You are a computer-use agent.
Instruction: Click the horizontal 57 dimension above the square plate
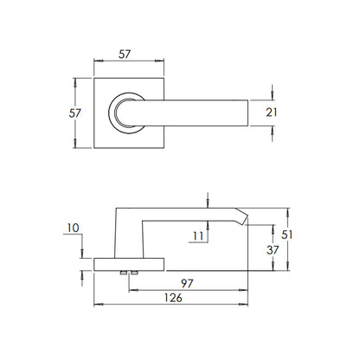click(x=125, y=55)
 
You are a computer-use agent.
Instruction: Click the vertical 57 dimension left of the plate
click(x=75, y=113)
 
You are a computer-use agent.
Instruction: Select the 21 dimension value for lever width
click(x=272, y=112)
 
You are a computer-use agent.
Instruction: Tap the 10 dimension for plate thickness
click(x=73, y=228)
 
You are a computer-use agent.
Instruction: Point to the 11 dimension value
click(x=198, y=236)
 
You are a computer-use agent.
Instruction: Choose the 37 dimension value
click(x=273, y=250)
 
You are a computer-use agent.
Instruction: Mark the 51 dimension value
click(x=287, y=235)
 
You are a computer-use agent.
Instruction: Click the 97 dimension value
click(x=187, y=284)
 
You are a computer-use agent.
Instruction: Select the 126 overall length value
click(x=173, y=298)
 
